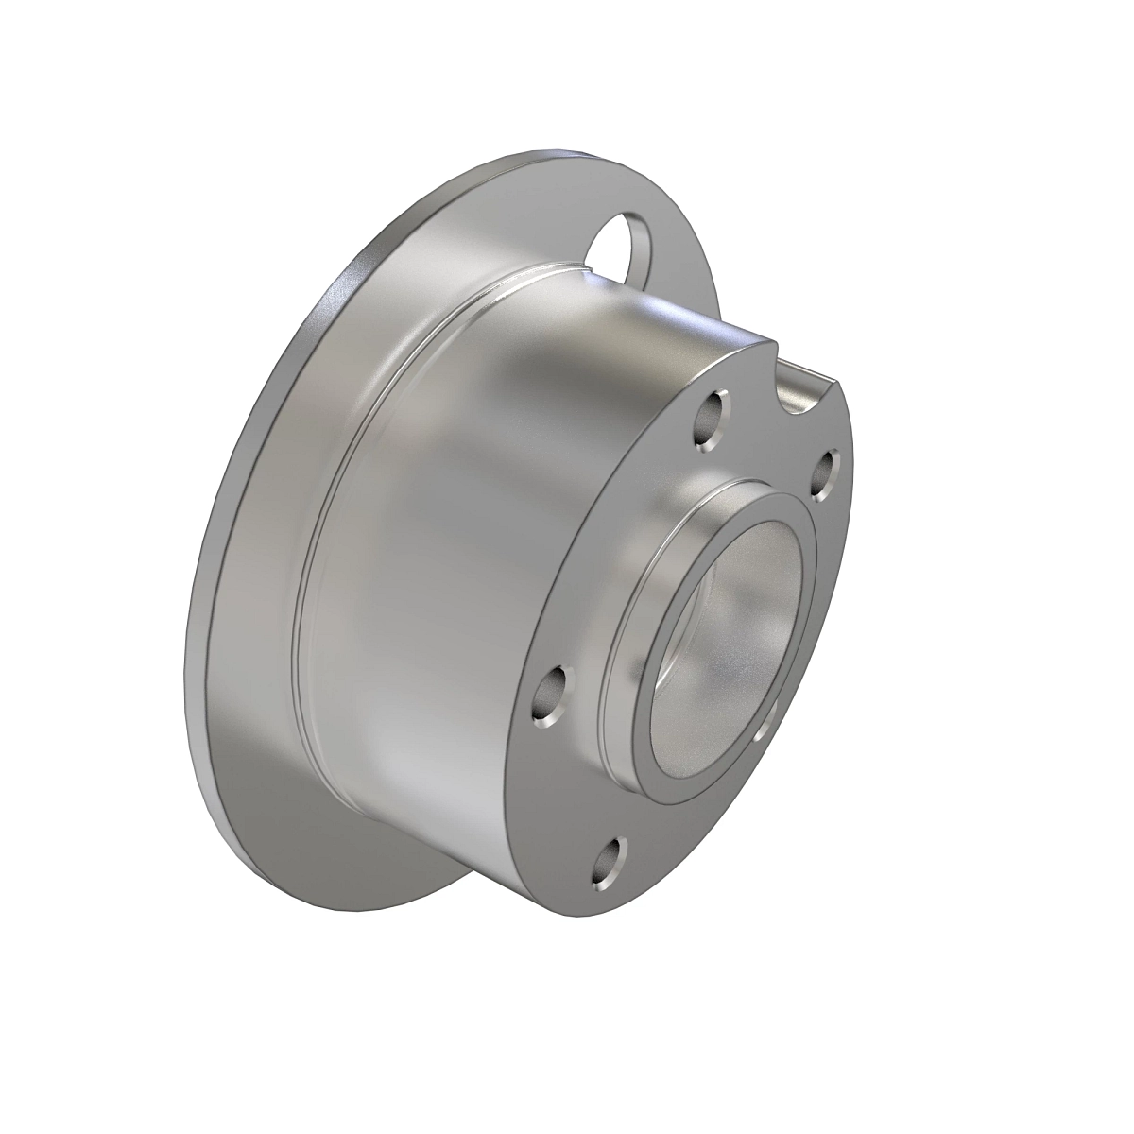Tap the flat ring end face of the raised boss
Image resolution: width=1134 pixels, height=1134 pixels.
click(x=669, y=747)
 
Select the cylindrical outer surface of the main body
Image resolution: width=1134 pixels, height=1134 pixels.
click(x=444, y=567)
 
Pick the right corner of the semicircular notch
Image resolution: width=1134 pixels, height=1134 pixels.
click(x=839, y=382)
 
